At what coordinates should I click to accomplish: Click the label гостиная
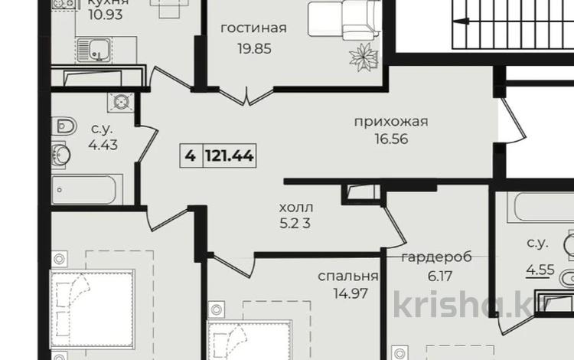point(253,29)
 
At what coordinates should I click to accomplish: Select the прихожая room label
point(390,121)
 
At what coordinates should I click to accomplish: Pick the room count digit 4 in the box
point(189,155)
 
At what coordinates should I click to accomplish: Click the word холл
point(296,208)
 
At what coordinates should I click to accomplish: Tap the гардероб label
point(436,257)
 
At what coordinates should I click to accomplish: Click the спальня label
point(348,277)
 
